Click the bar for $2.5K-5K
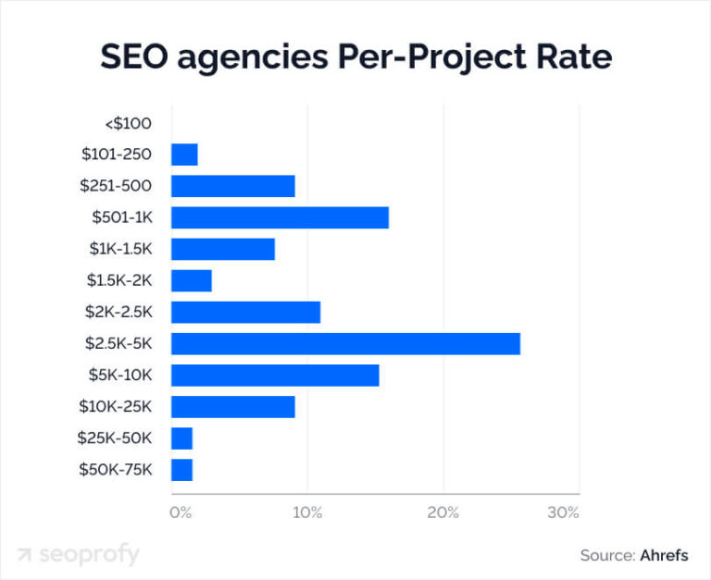point(345,344)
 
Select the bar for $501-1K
point(280,217)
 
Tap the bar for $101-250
point(184,154)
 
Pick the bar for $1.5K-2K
point(192,280)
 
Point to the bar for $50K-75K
point(181,470)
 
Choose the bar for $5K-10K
point(275,376)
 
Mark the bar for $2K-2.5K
point(245,313)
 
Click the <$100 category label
point(128,123)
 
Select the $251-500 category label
point(116,186)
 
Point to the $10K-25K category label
point(117,407)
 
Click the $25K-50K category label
point(117,438)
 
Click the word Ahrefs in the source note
point(664,556)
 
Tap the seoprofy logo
point(78,555)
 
